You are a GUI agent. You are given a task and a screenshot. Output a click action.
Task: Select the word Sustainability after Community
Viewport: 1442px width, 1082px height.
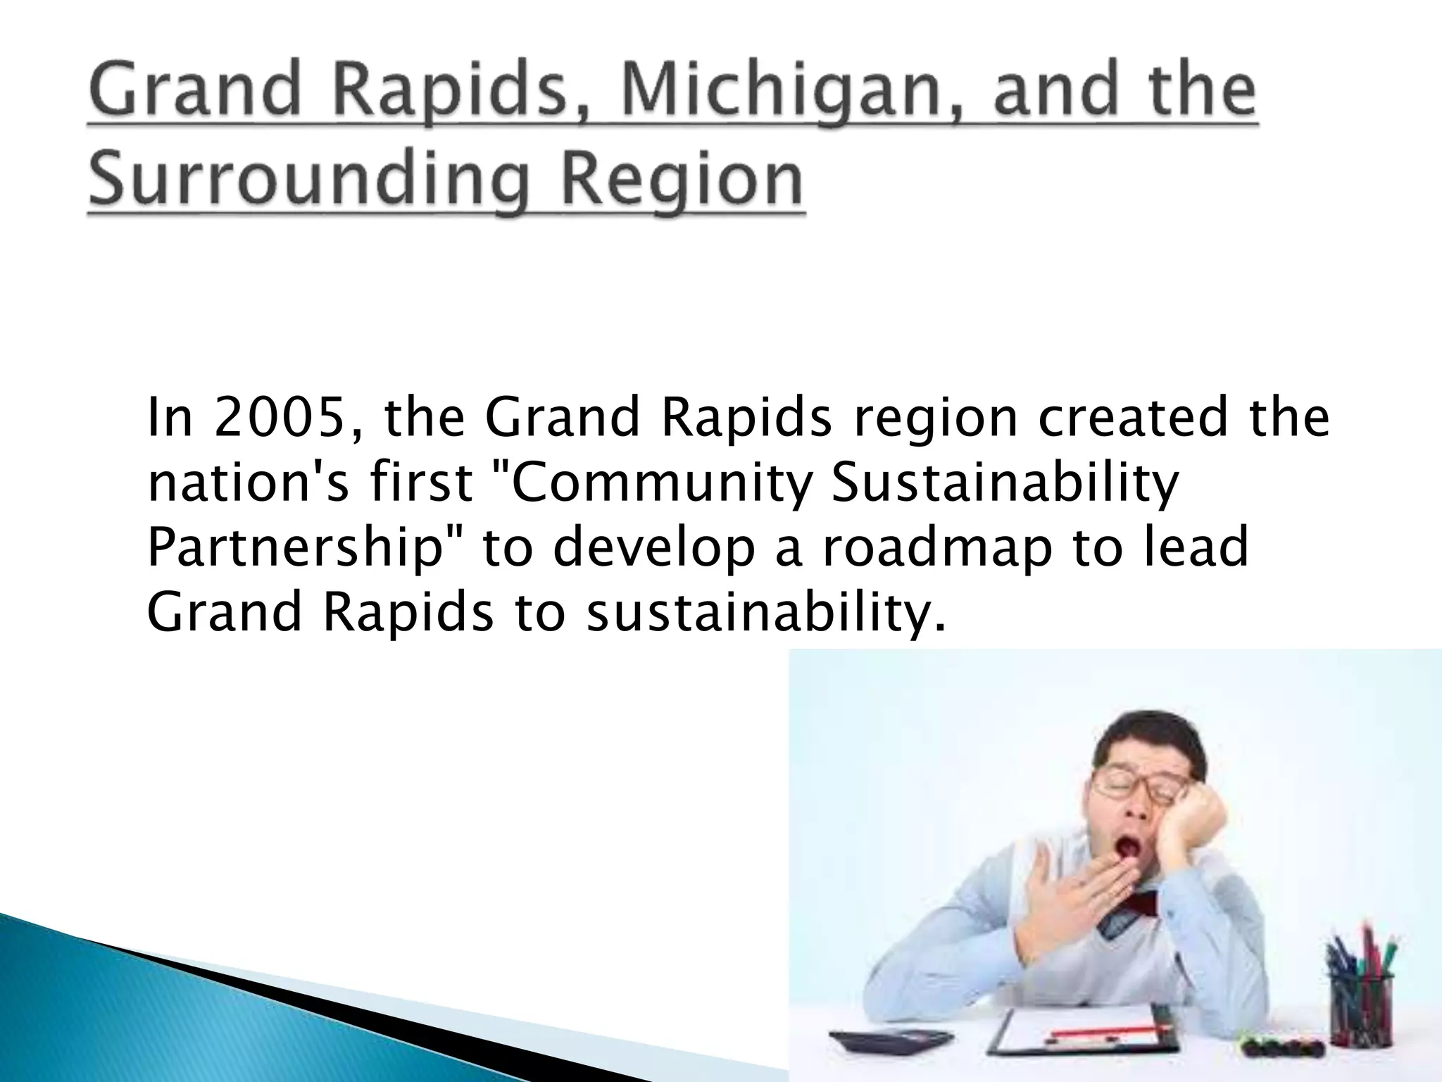1004,485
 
